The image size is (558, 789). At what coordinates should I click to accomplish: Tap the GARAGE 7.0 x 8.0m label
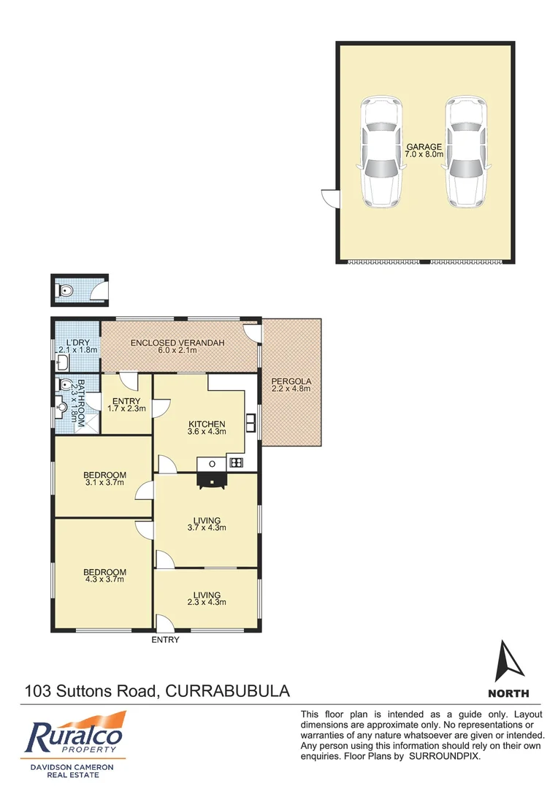[x=424, y=150]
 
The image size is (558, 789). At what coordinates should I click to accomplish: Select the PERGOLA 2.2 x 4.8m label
[x=291, y=385]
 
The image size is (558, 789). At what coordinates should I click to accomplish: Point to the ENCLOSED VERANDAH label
[x=176, y=346]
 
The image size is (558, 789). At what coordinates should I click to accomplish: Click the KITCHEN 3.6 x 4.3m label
[x=207, y=427]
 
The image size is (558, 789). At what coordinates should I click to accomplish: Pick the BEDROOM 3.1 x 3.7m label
[x=104, y=479]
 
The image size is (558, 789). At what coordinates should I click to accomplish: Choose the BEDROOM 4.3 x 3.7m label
[x=104, y=576]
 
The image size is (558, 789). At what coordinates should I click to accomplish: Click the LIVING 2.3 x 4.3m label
[x=207, y=598]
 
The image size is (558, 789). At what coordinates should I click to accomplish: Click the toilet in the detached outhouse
[x=66, y=291]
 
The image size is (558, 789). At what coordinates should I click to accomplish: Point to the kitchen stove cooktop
[x=237, y=462]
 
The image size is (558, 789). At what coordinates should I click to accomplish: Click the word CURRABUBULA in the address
[x=229, y=690]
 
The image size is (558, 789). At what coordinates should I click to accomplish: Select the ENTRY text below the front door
[x=165, y=640]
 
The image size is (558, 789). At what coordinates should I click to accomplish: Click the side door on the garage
[x=329, y=197]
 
